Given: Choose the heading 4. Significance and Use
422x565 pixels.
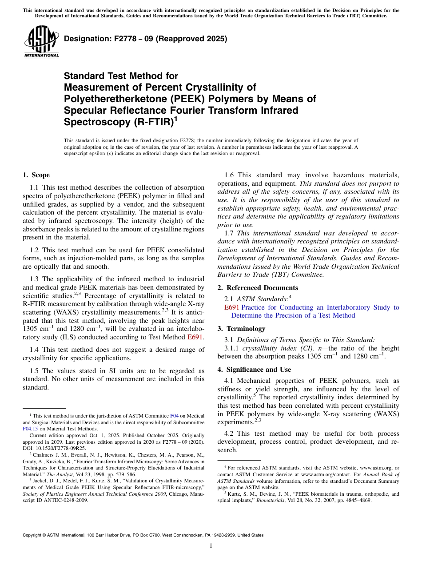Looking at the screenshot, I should pos(254,370).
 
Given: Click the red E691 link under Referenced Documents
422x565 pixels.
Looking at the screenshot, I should pos(232,307).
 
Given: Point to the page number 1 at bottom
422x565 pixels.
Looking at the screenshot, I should pos(211,546).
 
